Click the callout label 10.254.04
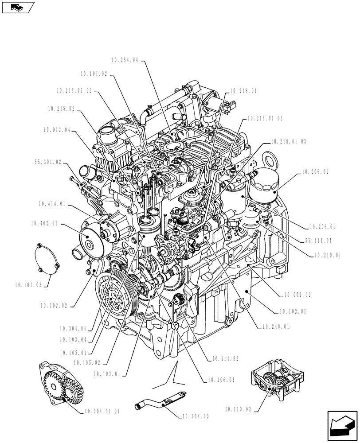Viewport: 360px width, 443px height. click(x=126, y=60)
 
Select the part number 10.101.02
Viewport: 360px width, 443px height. click(x=94, y=75)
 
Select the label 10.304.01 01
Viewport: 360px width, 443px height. click(x=101, y=412)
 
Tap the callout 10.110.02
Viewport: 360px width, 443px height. click(x=238, y=410)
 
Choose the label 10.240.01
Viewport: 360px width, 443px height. click(x=275, y=328)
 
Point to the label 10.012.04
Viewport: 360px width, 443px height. click(x=57, y=130)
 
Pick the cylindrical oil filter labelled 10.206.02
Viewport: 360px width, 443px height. click(x=263, y=183)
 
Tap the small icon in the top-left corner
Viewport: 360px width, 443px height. click(x=18, y=7)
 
